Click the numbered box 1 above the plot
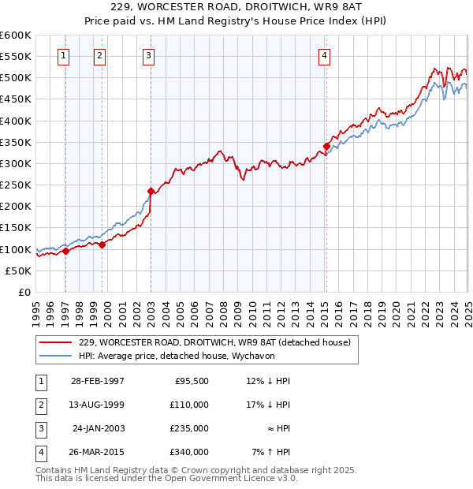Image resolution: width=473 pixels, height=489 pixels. [x=62, y=55]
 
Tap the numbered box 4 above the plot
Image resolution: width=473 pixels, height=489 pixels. [x=325, y=55]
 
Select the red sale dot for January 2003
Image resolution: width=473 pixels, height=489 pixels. [x=151, y=191]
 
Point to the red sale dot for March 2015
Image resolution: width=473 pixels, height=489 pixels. [x=326, y=146]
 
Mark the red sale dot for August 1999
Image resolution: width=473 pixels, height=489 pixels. [x=102, y=244]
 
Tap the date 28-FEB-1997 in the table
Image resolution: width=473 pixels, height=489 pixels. [x=98, y=381]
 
